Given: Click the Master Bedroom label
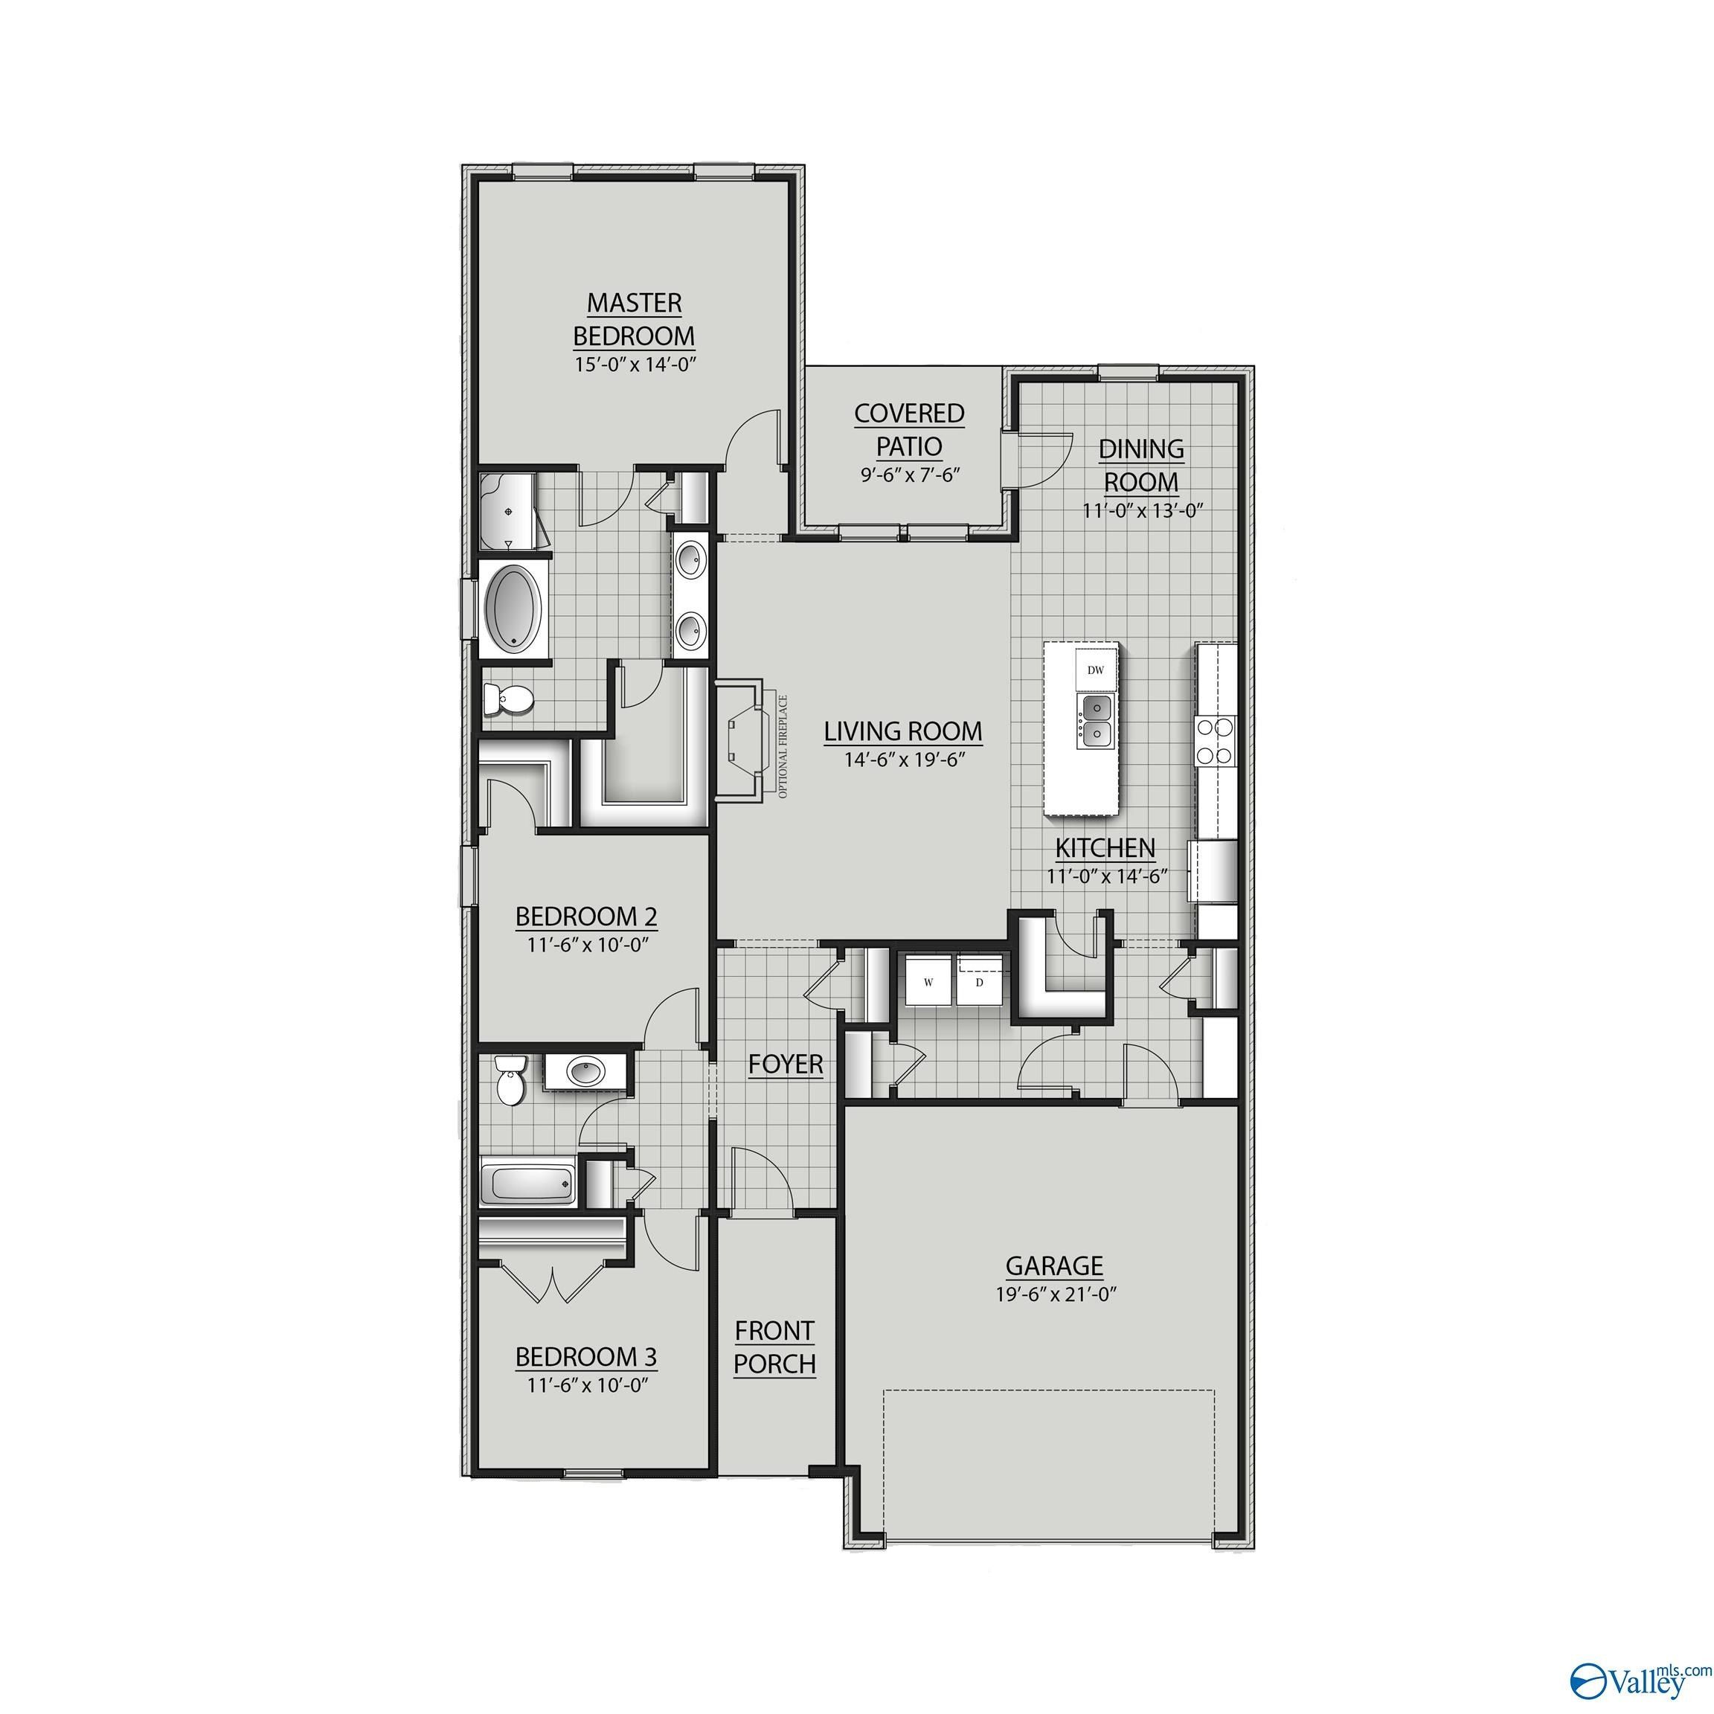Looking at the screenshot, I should click(x=633, y=319).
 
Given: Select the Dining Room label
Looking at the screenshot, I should click(x=1141, y=465).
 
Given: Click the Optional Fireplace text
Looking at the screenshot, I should click(x=783, y=746).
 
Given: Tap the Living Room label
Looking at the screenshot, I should click(x=903, y=731).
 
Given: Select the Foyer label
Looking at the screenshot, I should click(x=785, y=1064).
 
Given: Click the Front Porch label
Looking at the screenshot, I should click(x=774, y=1347).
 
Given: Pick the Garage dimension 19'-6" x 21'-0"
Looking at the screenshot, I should click(x=1055, y=1294).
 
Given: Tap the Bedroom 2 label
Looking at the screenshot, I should click(x=585, y=916).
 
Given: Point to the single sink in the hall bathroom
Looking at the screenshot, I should click(x=583, y=1073).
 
